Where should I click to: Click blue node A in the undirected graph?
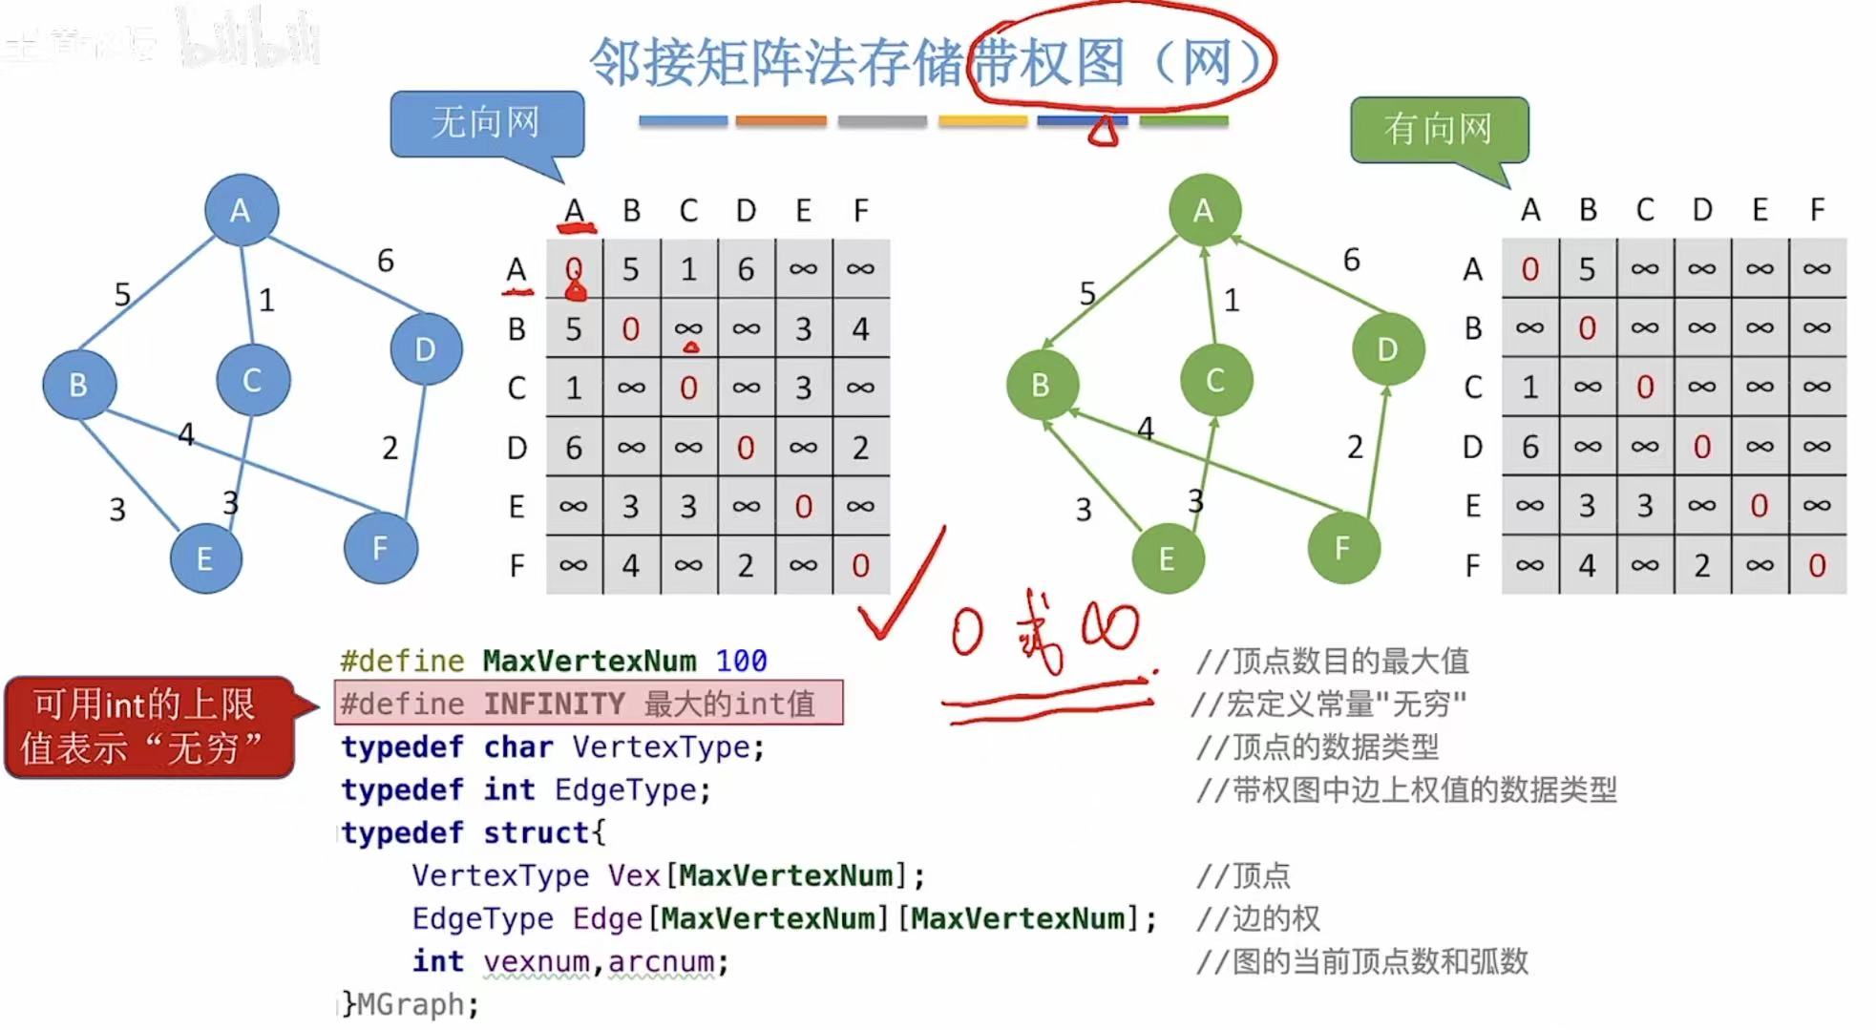[241, 210]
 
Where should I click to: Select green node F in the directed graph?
[1343, 548]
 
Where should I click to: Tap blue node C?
[252, 380]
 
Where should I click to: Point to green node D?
[1387, 349]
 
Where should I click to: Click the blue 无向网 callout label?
[486, 123]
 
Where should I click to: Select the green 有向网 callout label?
[1438, 129]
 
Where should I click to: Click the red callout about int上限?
[146, 726]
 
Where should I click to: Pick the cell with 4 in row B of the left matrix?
[860, 329]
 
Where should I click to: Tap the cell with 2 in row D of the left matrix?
[860, 448]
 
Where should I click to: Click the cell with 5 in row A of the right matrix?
[1587, 269]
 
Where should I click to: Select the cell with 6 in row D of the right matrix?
[1529, 447]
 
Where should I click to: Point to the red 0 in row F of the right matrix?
[1817, 565]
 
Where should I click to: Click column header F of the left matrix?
[860, 210]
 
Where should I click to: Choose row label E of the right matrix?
[1472, 506]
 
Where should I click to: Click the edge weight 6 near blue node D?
[386, 261]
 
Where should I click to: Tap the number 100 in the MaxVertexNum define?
[741, 661]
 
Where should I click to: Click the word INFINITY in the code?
[554, 704]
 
